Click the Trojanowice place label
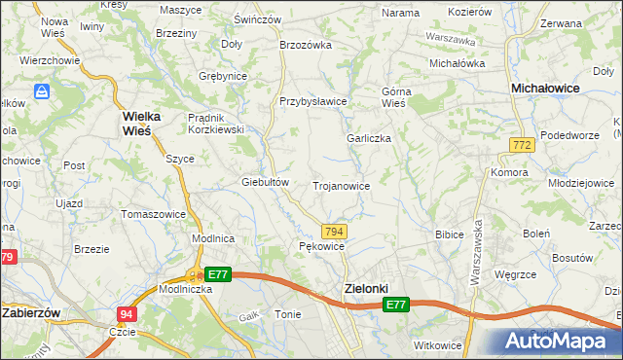point(341,185)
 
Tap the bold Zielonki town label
point(366,288)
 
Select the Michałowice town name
point(546,88)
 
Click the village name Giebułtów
point(266,182)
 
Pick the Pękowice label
point(321,246)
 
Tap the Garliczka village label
point(369,138)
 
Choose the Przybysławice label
point(313,101)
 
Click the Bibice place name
point(449,234)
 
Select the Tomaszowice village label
point(152,214)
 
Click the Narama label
point(400,13)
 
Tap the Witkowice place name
point(437,346)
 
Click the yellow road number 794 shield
point(334,231)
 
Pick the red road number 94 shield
point(127,314)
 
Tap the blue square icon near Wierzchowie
point(42,91)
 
